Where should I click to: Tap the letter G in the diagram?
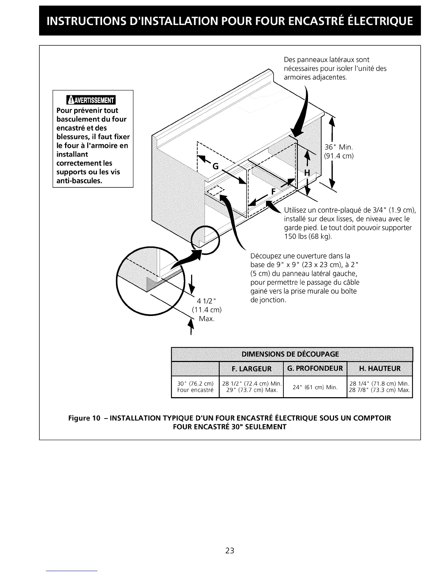[215, 166]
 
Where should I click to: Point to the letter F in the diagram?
[273, 191]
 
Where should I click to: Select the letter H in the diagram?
[307, 173]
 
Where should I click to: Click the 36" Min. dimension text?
[338, 147]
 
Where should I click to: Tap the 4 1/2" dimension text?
[206, 301]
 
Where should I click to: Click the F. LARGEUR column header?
[251, 369]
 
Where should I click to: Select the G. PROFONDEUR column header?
[315, 369]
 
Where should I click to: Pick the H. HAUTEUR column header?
[380, 369]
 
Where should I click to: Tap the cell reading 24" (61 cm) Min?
[315, 387]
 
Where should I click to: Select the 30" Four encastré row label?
[195, 387]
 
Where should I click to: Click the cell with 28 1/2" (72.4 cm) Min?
[252, 383]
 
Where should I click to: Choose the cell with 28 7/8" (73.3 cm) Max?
[379, 390]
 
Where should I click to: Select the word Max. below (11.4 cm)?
[207, 319]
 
